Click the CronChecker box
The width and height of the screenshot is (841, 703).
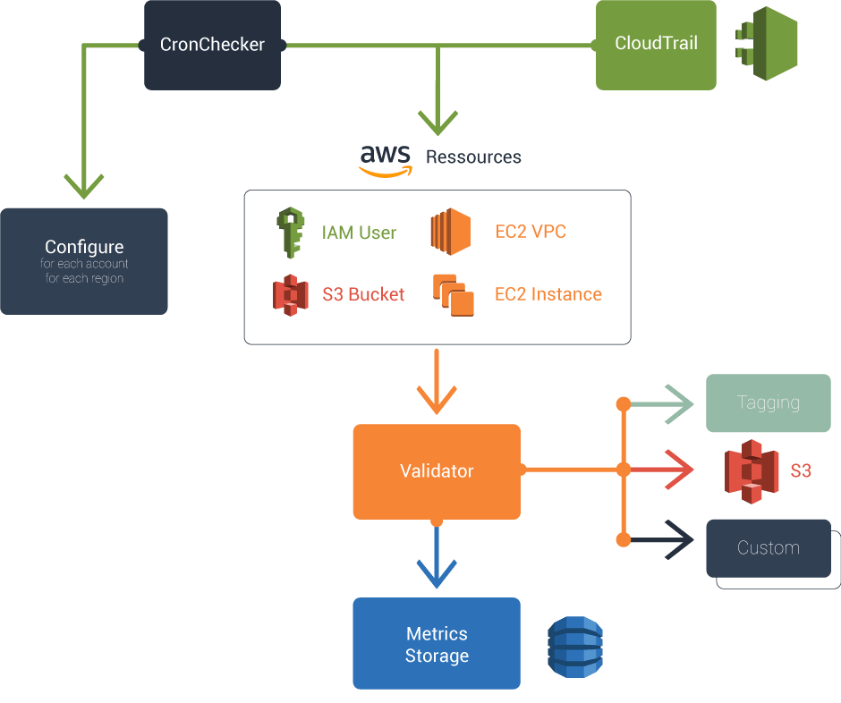[x=212, y=45]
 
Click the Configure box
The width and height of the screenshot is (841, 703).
[x=84, y=260]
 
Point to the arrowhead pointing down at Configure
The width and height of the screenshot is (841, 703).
[x=85, y=186]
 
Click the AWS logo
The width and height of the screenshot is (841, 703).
[x=386, y=160]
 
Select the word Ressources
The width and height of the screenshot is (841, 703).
[x=473, y=157]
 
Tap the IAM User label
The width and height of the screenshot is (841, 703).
[x=359, y=233]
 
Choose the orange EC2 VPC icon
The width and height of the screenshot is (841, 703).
[x=450, y=233]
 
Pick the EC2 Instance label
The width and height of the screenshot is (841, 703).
[x=548, y=294]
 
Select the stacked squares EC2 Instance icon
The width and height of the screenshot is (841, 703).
[x=453, y=294]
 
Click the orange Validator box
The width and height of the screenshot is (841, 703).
[x=437, y=471]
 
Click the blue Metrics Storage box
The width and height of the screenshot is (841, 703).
[x=437, y=644]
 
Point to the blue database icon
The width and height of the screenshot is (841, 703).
[x=574, y=646]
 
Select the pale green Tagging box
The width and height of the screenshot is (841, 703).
[x=768, y=402]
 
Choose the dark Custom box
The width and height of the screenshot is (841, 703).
[x=768, y=547]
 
